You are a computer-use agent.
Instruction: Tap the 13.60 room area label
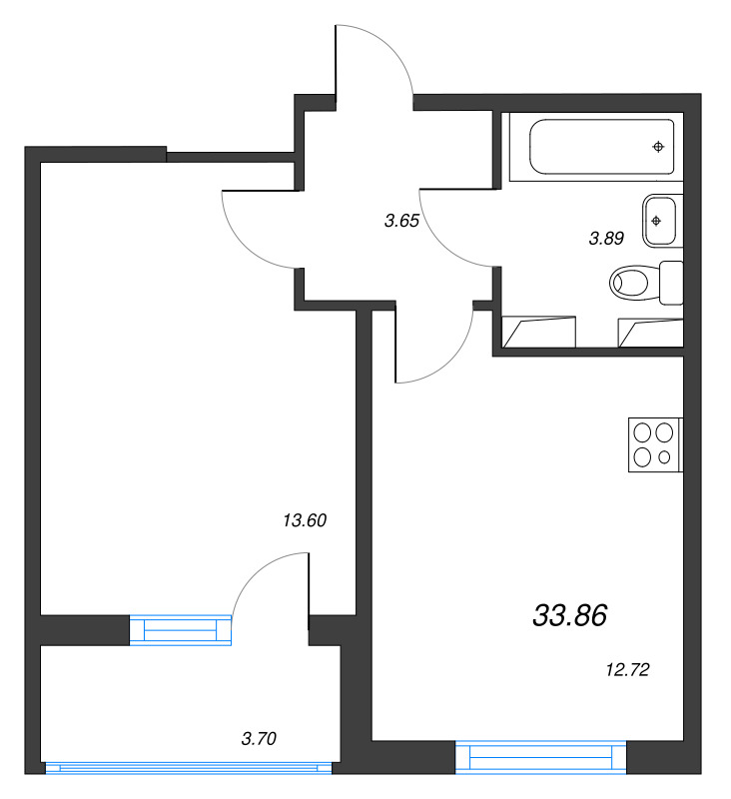tap(306, 519)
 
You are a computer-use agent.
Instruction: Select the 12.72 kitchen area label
tap(628, 670)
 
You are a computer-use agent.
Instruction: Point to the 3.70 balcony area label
tap(259, 739)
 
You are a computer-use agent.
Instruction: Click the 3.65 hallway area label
tap(400, 222)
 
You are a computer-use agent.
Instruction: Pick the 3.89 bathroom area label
tap(606, 238)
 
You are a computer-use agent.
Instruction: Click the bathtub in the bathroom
tap(594, 148)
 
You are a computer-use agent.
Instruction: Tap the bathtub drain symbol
tap(658, 148)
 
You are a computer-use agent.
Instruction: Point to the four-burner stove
tap(654, 444)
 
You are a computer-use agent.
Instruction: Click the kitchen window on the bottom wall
tap(541, 757)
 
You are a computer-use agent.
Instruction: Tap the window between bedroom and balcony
tap(181, 629)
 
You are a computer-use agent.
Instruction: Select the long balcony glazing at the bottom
tap(189, 767)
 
